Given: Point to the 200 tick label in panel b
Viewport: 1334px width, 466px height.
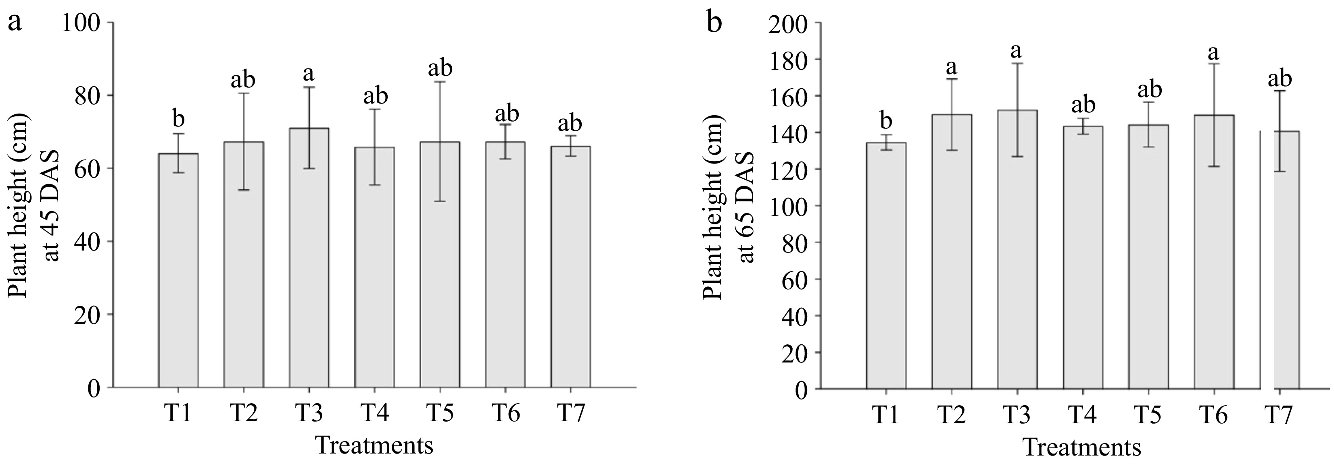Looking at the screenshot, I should point(789,24).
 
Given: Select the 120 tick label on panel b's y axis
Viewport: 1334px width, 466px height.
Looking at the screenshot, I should point(789,170).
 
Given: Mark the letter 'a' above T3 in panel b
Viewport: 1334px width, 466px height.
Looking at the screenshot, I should point(1017,51).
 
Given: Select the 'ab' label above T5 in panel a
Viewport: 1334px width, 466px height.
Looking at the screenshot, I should point(440,67).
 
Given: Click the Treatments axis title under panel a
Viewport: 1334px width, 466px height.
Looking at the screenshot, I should point(374,445).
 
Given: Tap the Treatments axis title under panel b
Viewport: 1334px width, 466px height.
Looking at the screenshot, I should point(1082,447).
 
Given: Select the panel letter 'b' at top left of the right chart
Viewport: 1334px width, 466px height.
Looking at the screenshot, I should point(715,23).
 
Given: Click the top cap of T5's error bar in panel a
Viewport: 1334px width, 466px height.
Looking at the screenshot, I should point(440,82).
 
